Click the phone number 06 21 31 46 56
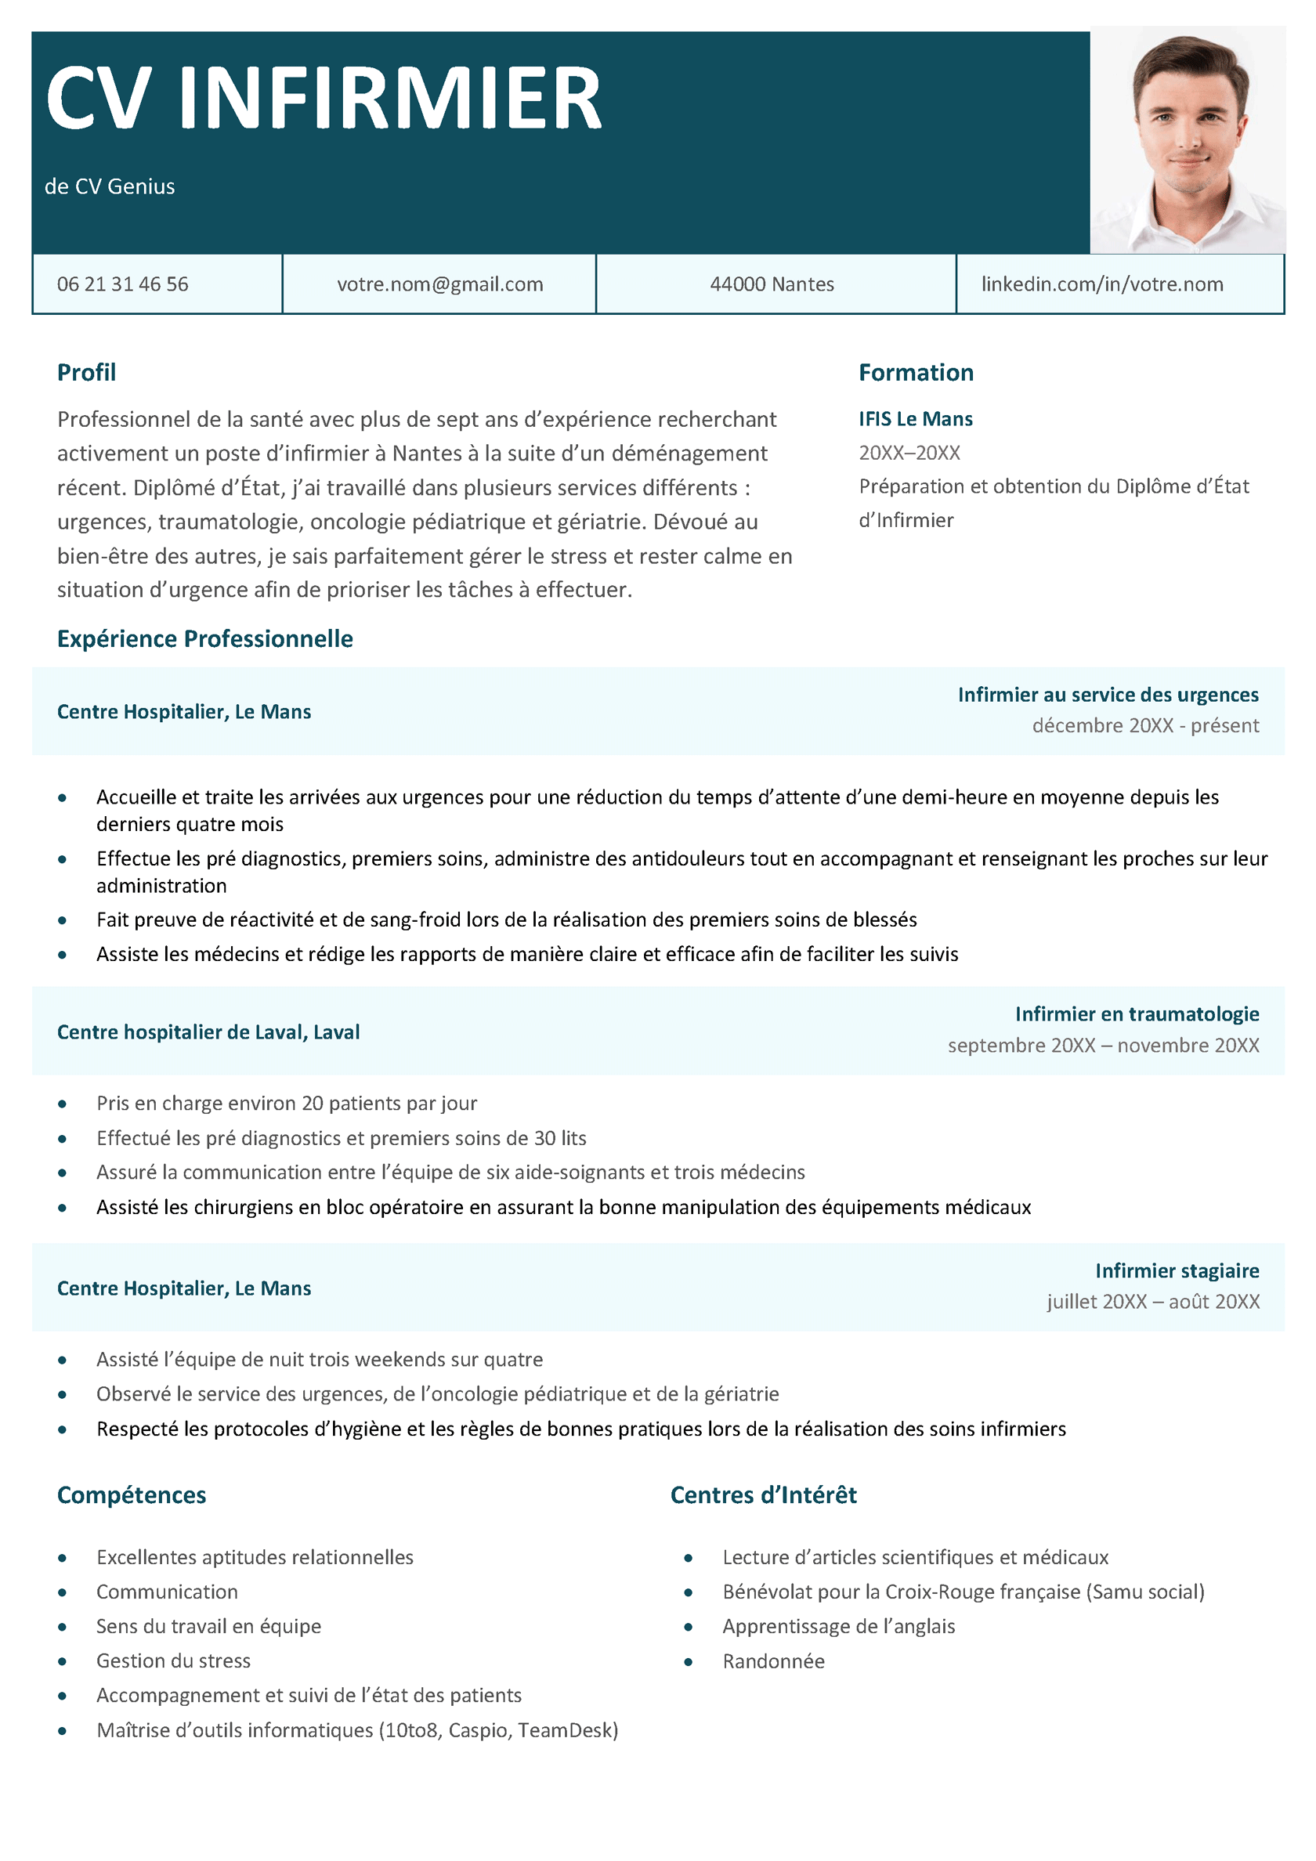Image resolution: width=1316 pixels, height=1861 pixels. click(x=122, y=284)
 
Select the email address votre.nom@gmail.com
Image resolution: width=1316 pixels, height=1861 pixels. click(x=439, y=284)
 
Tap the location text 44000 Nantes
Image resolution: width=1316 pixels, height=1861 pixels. click(x=771, y=284)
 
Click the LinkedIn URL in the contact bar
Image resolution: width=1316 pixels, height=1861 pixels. click(x=1102, y=284)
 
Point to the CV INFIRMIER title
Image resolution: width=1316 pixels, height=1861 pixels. click(x=324, y=98)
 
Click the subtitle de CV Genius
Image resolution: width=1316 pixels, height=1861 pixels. click(x=110, y=186)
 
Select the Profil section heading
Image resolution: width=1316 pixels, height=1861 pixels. click(x=86, y=373)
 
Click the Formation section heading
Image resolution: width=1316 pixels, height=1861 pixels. click(x=916, y=373)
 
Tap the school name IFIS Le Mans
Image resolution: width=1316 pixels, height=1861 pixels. click(x=916, y=419)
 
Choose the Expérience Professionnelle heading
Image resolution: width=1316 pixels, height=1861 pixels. click(x=204, y=638)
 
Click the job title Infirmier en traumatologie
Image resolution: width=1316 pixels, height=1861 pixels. click(x=1137, y=1014)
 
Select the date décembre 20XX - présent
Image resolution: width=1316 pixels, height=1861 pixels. click(x=1145, y=725)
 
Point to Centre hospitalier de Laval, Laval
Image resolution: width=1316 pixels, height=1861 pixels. click(x=208, y=1032)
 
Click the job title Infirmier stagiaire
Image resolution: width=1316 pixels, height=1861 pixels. click(x=1177, y=1270)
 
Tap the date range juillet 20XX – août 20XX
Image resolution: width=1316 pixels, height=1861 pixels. click(x=1153, y=1302)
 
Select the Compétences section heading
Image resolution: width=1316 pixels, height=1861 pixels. click(x=132, y=1494)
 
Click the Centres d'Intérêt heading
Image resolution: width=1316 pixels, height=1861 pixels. click(x=763, y=1494)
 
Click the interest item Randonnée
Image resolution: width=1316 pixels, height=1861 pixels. click(x=774, y=1661)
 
